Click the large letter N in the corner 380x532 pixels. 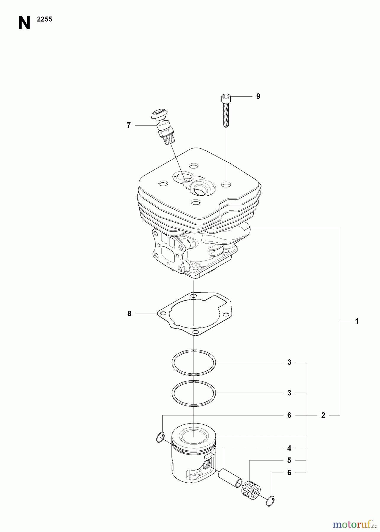[x=24, y=23]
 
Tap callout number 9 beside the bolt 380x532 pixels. [x=258, y=96]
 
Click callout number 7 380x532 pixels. [x=129, y=126]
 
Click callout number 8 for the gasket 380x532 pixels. [x=129, y=314]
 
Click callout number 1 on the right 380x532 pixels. [x=357, y=321]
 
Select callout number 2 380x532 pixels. [x=323, y=415]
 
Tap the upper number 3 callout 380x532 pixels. [x=290, y=362]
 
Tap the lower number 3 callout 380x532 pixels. [x=290, y=393]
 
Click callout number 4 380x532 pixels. [x=289, y=448]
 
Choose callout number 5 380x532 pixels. [x=289, y=460]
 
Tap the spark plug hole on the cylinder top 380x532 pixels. [x=200, y=188]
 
